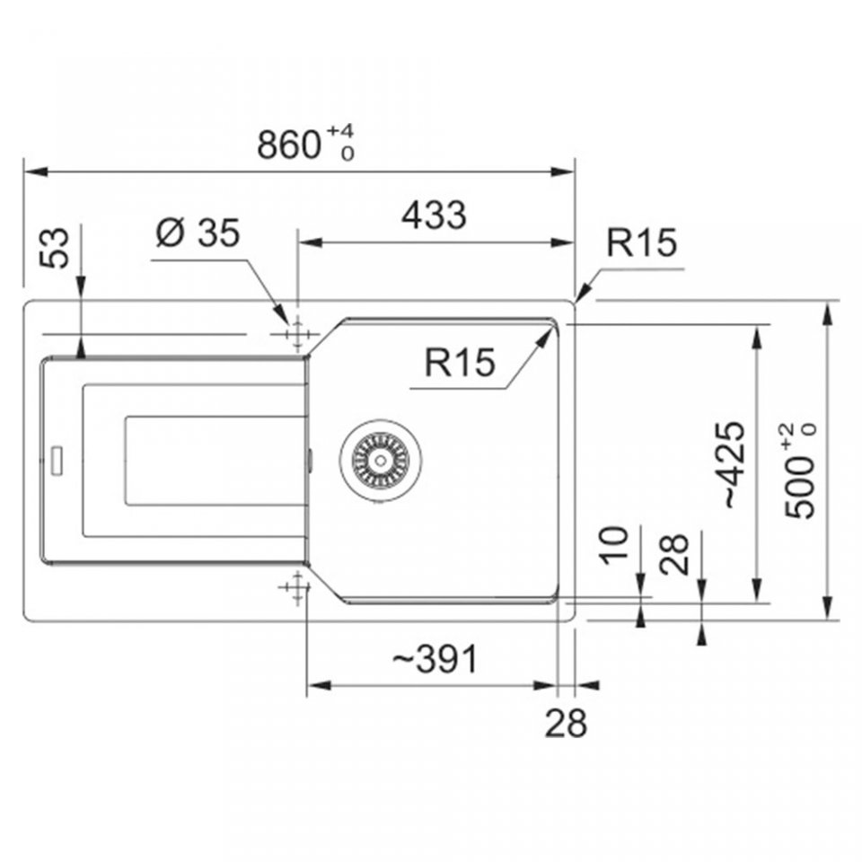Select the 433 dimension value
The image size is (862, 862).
434,215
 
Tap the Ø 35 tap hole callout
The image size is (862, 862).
198,233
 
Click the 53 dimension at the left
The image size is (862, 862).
56,249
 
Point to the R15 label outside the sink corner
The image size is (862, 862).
641,242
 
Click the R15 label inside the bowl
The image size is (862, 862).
460,362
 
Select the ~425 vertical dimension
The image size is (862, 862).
734,465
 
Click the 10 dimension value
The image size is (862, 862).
614,545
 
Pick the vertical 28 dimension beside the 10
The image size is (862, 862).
674,554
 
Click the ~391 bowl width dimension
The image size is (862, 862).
435,659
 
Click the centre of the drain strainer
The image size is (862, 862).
381,461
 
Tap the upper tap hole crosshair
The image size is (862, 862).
297,334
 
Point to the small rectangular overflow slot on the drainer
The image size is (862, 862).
57,461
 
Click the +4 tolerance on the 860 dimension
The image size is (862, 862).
341,131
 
